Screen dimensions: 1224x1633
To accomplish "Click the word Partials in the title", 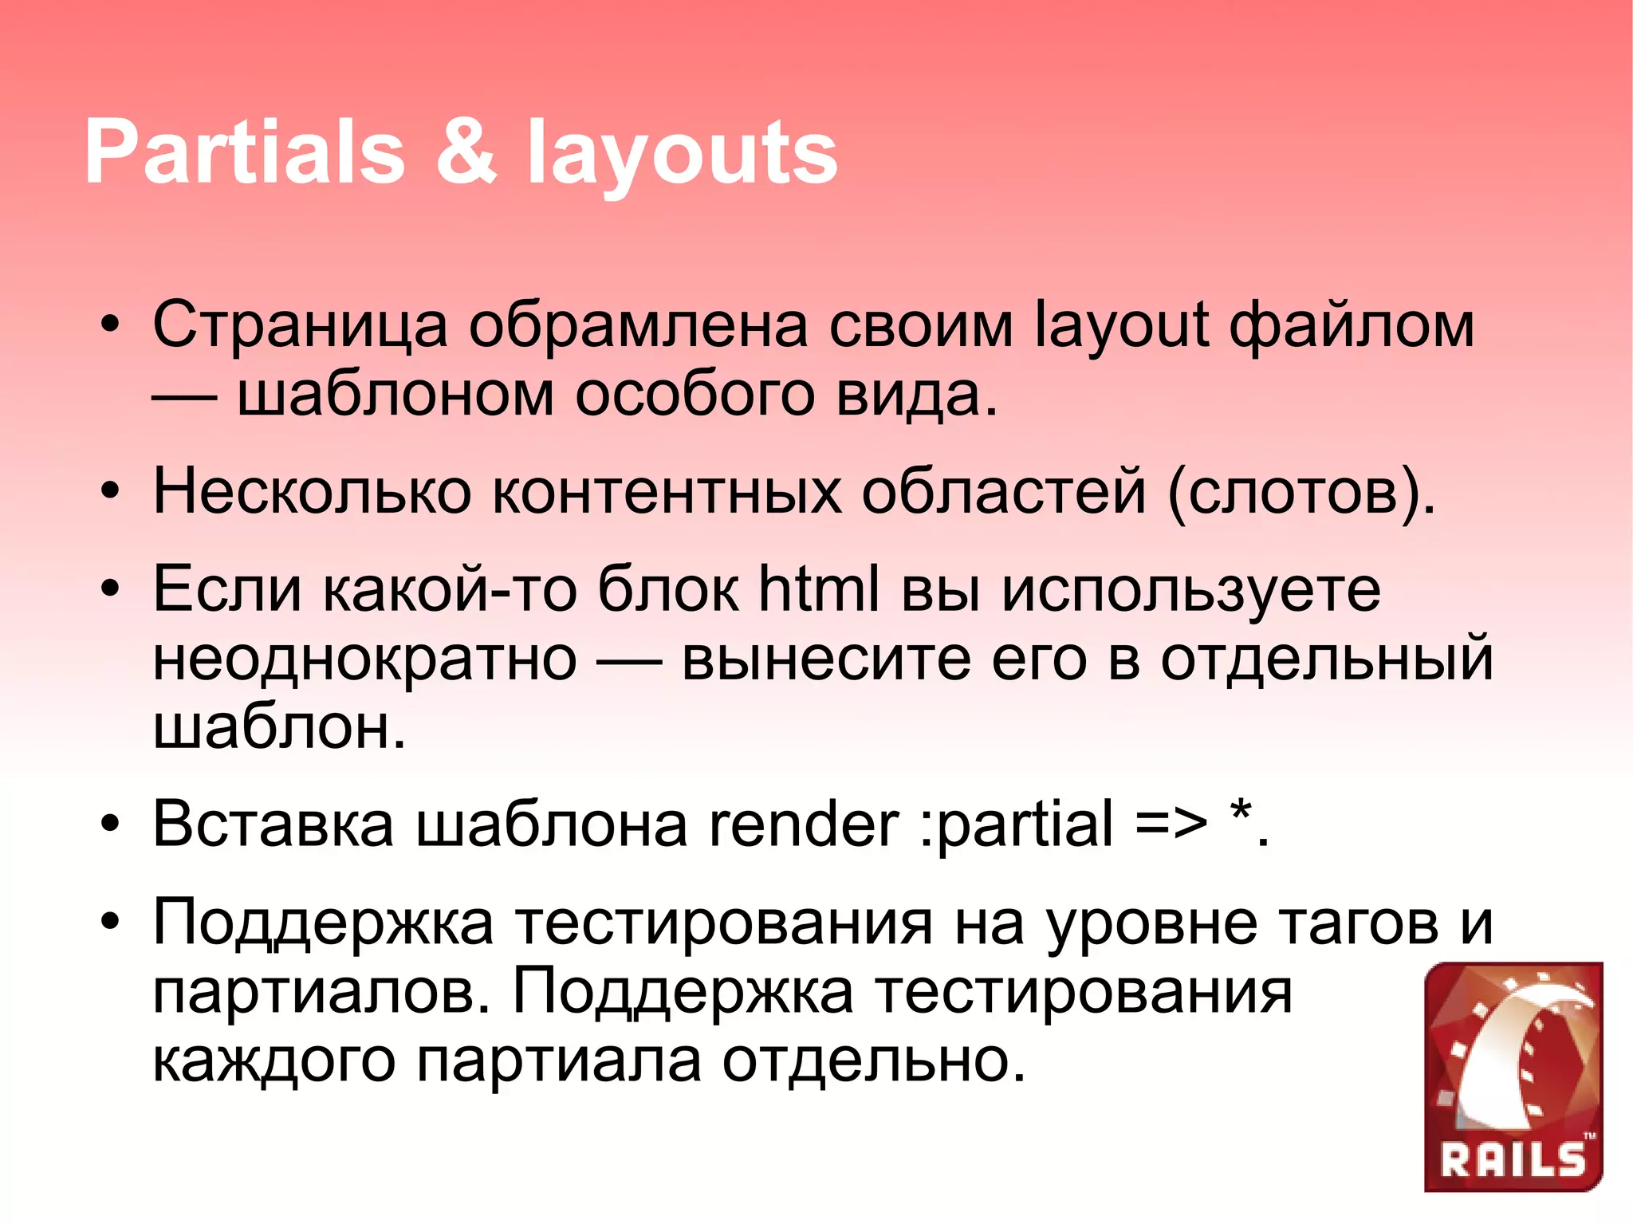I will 244,152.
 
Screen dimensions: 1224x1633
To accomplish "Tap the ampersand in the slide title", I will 466,152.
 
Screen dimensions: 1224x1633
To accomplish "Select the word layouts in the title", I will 682,155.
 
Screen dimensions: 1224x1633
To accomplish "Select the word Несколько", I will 312,491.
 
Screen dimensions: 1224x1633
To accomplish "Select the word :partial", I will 1016,825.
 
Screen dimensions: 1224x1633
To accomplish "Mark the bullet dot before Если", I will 111,589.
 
